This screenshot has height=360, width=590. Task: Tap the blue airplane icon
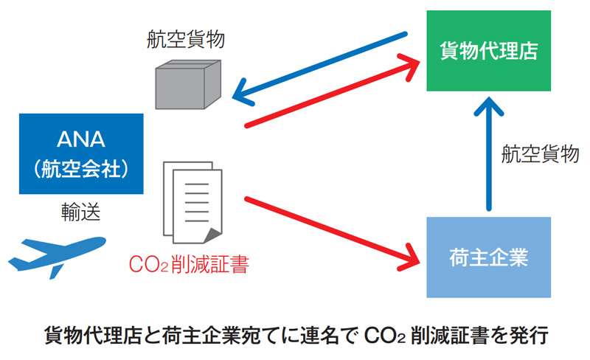[55, 255]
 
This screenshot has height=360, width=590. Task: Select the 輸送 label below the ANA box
[80, 212]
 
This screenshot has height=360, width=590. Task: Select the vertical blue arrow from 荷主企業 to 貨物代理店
[487, 155]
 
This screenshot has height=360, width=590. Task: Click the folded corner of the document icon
[212, 236]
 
